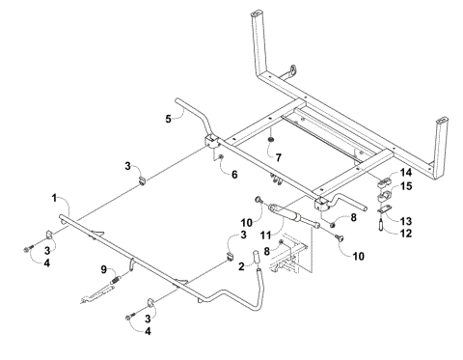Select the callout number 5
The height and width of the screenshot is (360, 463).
(x=168, y=119)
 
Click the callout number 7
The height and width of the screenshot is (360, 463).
(x=279, y=155)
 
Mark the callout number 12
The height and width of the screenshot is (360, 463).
(x=407, y=233)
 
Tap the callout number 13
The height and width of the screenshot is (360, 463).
(x=406, y=220)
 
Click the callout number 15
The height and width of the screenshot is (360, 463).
(x=406, y=185)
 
